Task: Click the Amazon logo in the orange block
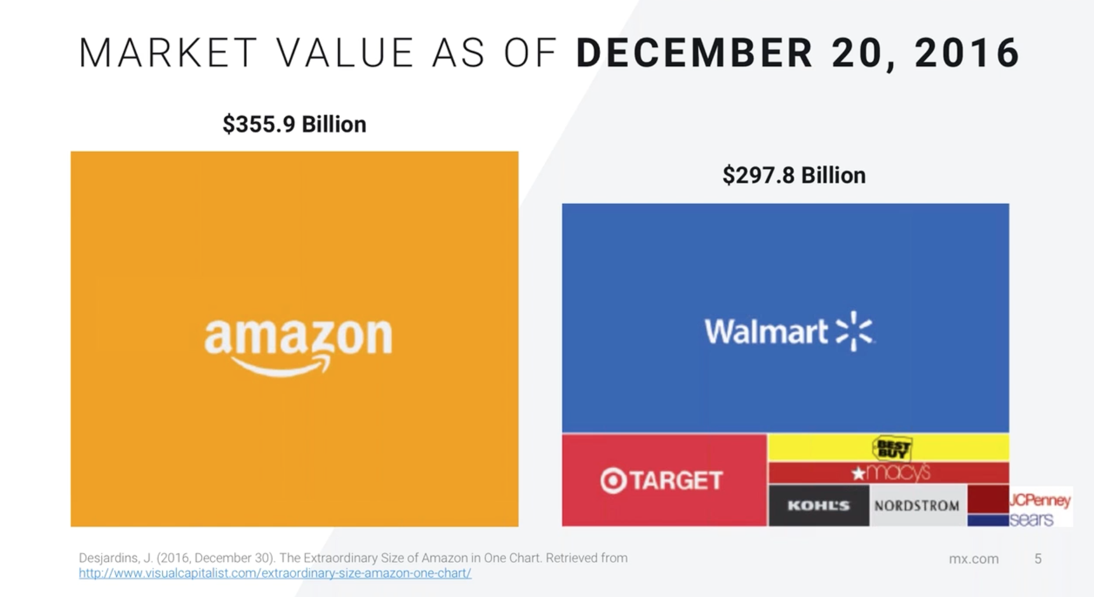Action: (298, 345)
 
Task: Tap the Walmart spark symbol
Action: (854, 331)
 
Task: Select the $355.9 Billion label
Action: (294, 124)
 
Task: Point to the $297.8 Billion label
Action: (794, 175)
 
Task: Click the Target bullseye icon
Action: (613, 480)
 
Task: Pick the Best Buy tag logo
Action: (892, 448)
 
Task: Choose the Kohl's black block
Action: (818, 506)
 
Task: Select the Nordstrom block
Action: (917, 506)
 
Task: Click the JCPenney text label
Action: (1040, 500)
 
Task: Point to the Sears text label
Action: (1031, 519)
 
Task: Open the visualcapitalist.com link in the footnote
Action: (275, 573)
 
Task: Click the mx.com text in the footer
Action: (973, 559)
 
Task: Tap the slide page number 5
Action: (1038, 559)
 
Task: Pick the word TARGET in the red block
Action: (677, 480)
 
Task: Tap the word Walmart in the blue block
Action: (766, 332)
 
